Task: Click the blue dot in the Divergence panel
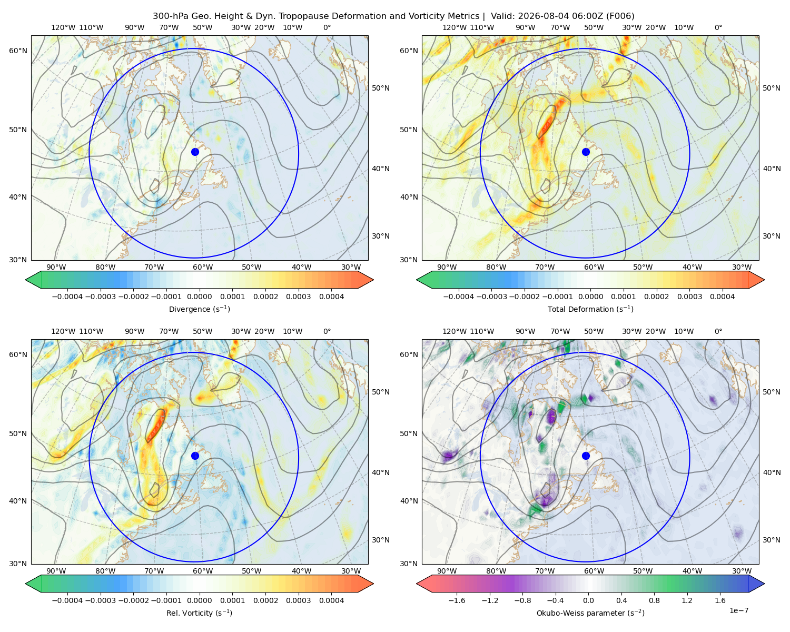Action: (195, 152)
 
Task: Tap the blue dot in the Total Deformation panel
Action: (586, 152)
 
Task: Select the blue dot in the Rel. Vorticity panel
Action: (195, 456)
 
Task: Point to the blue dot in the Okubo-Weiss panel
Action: (586, 456)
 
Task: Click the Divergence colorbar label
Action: (199, 309)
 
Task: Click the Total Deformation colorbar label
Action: (590, 309)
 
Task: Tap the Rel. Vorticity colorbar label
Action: (199, 613)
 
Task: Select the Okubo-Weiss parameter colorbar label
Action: (590, 613)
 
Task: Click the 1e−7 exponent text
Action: (738, 610)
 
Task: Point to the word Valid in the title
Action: (501, 16)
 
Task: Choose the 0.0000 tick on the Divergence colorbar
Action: (199, 297)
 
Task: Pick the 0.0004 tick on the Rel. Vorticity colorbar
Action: (331, 600)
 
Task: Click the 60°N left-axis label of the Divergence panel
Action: (18, 51)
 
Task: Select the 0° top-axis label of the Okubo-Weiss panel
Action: (718, 331)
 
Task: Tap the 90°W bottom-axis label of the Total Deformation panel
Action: (447, 268)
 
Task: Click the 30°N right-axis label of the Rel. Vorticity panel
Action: (381, 540)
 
